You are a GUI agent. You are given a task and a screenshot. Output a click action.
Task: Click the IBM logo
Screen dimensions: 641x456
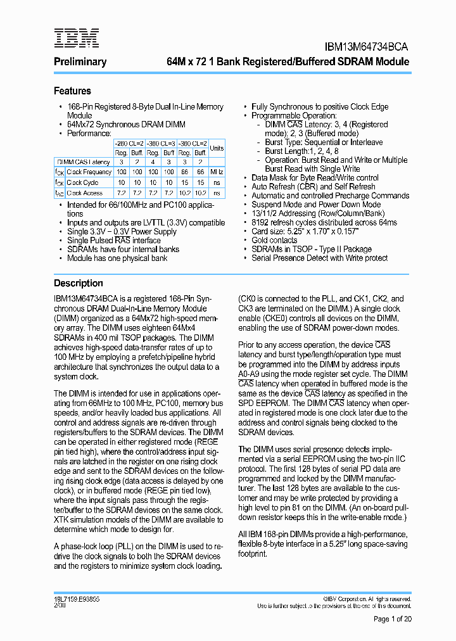pyautogui.click(x=76, y=38)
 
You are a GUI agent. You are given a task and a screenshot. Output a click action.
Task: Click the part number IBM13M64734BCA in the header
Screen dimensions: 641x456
pyautogui.click(x=367, y=47)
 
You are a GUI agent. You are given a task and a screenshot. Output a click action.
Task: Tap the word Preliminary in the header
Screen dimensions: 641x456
pyautogui.click(x=80, y=62)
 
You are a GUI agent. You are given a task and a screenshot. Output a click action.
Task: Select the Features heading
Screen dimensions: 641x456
pyautogui.click(x=72, y=91)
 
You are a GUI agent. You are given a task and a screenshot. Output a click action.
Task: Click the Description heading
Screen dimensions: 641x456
pyautogui.click(x=78, y=283)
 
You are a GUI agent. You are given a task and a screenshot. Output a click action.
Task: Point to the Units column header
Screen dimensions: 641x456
pyautogui.click(x=217, y=148)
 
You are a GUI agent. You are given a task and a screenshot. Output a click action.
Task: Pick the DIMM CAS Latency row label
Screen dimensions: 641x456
pyautogui.click(x=83, y=162)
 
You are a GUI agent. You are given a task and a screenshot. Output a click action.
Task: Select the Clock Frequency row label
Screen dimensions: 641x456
pyautogui.click(x=89, y=172)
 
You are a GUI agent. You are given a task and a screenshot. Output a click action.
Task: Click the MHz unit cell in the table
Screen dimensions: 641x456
pyautogui.click(x=217, y=172)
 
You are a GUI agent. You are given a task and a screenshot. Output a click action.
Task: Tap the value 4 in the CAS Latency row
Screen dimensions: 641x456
pyautogui.click(x=153, y=162)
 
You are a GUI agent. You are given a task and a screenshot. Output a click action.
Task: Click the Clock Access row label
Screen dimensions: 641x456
pyautogui.click(x=84, y=193)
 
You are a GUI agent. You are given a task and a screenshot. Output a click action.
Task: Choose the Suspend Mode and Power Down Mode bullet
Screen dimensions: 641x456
pyautogui.click(x=315, y=205)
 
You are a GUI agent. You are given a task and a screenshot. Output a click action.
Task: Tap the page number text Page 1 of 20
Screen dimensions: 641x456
pyautogui.click(x=392, y=619)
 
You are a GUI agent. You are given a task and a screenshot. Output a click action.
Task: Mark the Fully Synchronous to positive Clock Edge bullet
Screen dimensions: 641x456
pyautogui.click(x=320, y=107)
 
